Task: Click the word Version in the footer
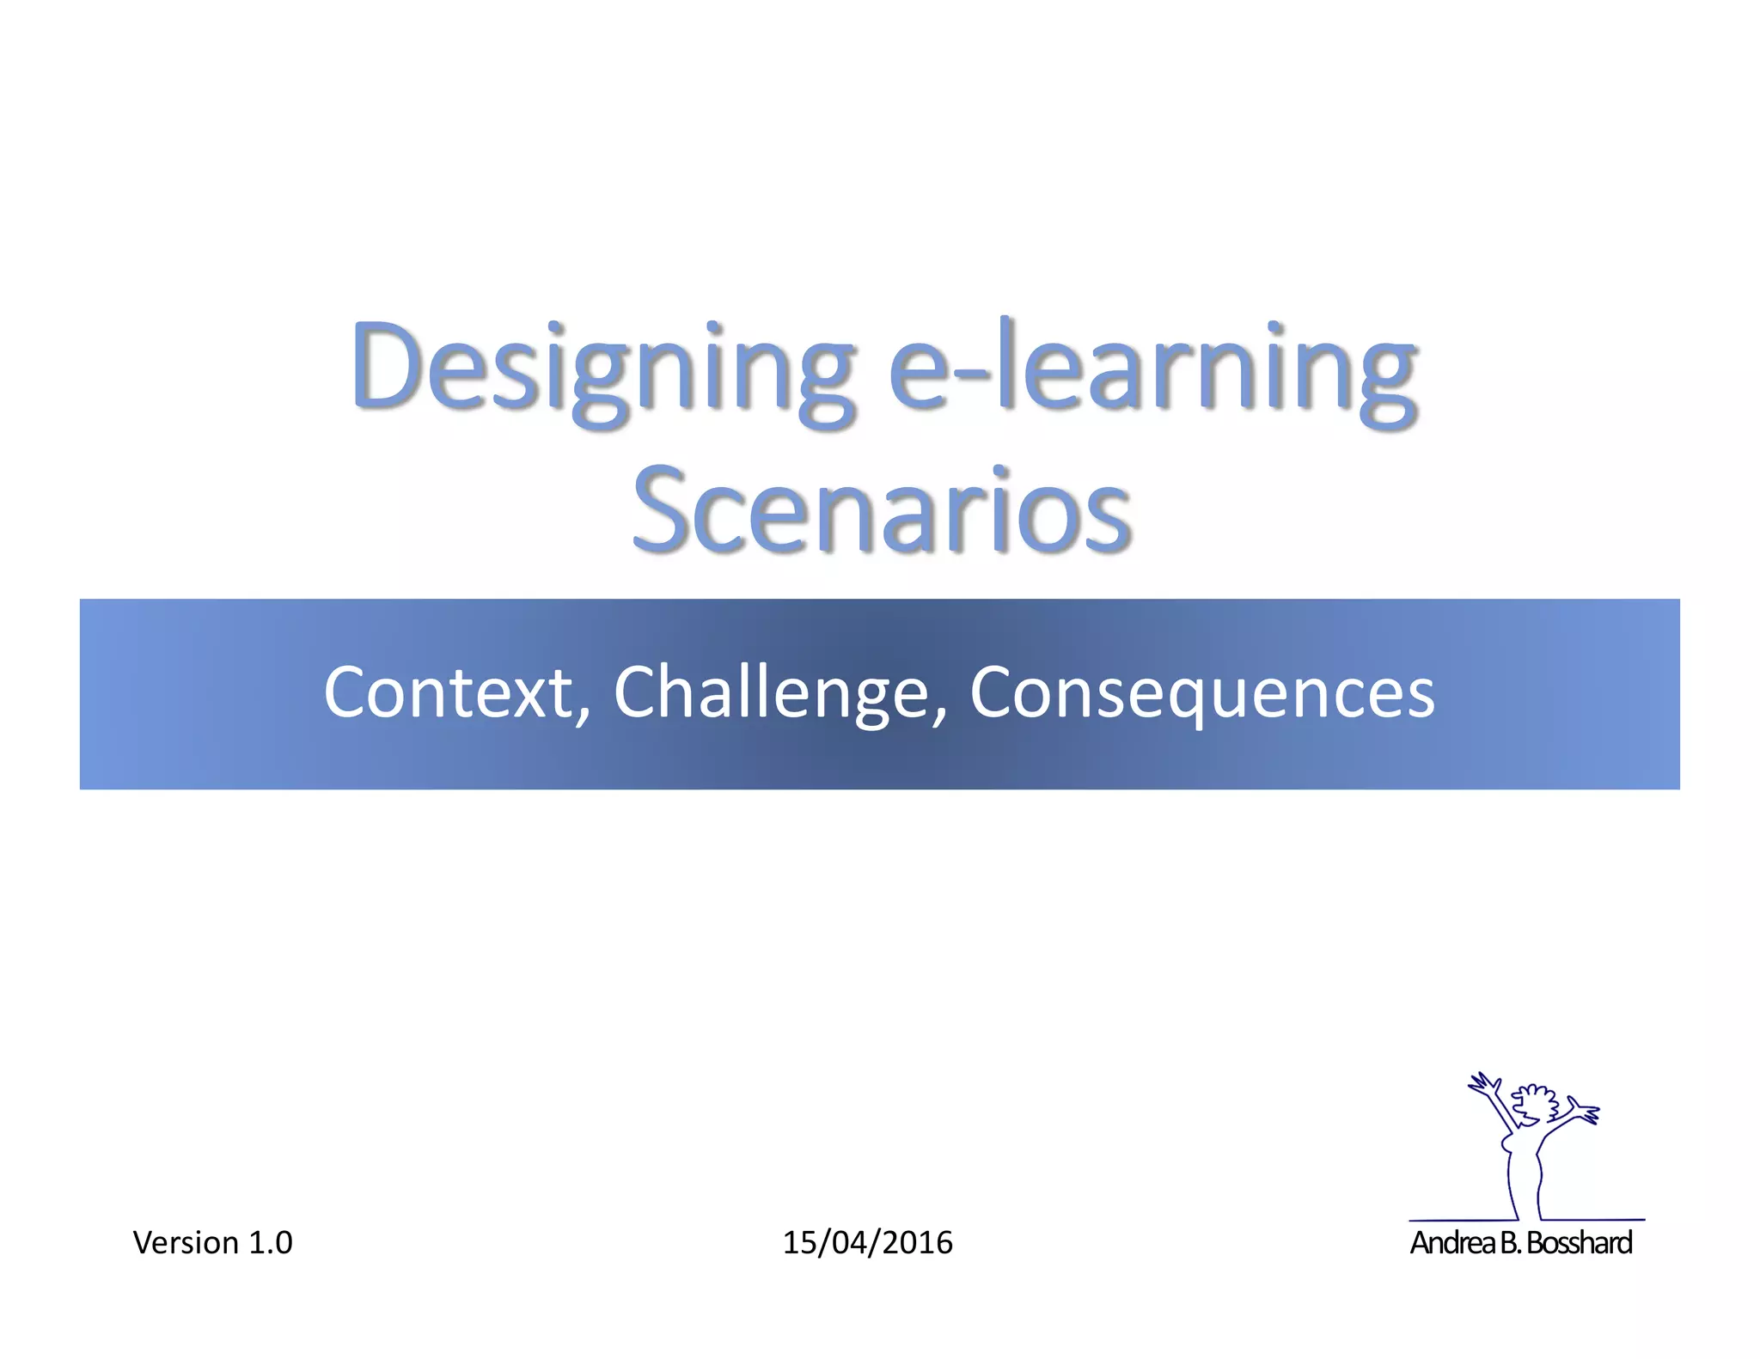point(186,1243)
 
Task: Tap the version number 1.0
point(270,1243)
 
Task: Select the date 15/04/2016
point(867,1243)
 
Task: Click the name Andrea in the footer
point(1452,1243)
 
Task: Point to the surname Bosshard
point(1580,1243)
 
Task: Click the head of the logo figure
point(1535,1105)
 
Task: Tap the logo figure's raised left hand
point(1482,1084)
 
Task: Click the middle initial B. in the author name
point(1510,1243)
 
